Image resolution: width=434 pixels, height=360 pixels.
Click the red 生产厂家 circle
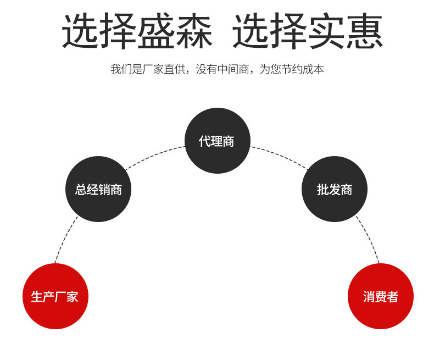55,296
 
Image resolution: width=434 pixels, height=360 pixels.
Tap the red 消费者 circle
380,296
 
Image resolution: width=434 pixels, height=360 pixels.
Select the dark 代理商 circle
217,141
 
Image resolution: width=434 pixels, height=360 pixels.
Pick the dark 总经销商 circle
98,189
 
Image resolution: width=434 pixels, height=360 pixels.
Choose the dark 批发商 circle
334,189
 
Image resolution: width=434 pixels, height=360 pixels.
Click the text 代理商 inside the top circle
217,141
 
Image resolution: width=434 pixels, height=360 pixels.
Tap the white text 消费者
380,297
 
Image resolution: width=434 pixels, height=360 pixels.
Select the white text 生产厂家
55,297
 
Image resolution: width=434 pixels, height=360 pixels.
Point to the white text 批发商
334,190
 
